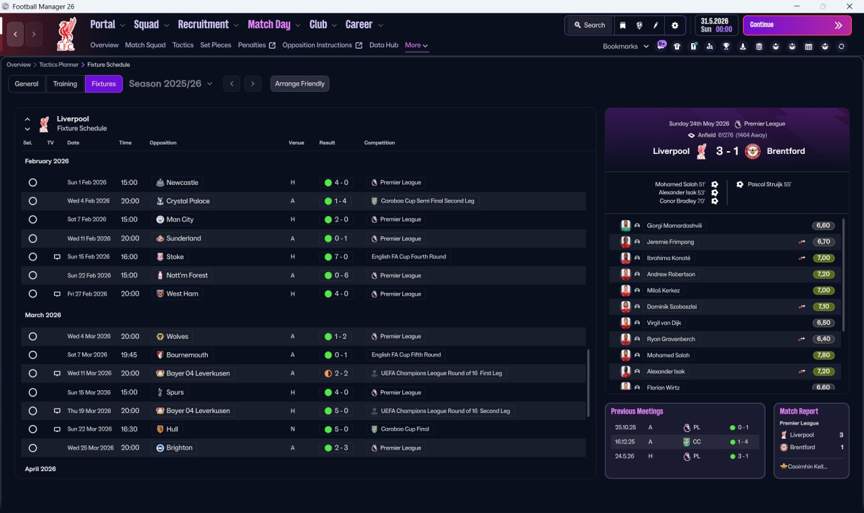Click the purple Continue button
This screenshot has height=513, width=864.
[797, 25]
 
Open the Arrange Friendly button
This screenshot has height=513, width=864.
[300, 84]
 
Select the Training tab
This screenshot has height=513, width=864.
[65, 84]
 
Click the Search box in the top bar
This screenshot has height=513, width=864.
[590, 25]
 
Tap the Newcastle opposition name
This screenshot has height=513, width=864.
[182, 182]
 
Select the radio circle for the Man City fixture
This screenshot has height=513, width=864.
[33, 219]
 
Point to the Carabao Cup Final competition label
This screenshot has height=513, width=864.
[404, 429]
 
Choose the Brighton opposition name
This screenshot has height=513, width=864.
[180, 448]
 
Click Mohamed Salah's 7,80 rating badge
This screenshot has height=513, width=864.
[823, 355]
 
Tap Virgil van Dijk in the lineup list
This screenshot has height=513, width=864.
[664, 323]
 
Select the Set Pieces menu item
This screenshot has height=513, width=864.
[215, 45]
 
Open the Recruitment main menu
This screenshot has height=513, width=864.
[203, 25]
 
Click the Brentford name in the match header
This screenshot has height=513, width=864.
[786, 151]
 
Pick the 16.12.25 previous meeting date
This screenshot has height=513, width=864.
[624, 441]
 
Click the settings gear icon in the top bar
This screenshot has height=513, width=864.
[674, 26]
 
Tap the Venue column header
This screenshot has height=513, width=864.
[296, 142]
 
